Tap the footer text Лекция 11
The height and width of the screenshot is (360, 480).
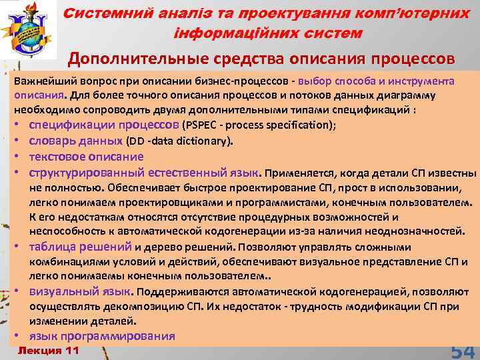pos(47,350)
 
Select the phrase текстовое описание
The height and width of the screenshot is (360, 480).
pos(86,157)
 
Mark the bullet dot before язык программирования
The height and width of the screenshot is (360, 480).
pos(21,336)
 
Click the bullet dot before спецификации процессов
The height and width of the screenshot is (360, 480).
pos(21,125)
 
